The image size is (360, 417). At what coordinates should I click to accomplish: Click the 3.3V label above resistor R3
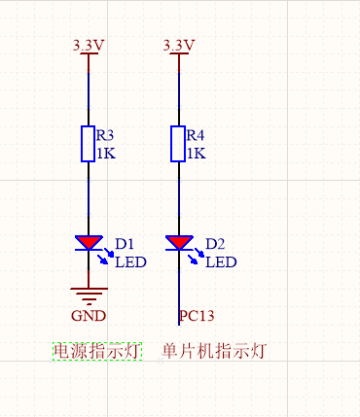pyautogui.click(x=90, y=46)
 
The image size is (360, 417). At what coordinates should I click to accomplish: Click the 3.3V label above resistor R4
pyautogui.click(x=179, y=46)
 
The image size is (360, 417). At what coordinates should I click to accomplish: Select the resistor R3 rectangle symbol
pyautogui.click(x=89, y=143)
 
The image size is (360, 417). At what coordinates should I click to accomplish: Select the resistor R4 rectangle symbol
pyautogui.click(x=178, y=143)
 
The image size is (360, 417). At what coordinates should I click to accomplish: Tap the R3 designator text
pyautogui.click(x=105, y=135)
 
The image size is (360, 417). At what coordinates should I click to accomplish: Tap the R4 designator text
pyautogui.click(x=195, y=135)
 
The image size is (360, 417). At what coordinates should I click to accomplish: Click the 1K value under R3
pyautogui.click(x=105, y=154)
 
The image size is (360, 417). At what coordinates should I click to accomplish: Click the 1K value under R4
pyautogui.click(x=195, y=154)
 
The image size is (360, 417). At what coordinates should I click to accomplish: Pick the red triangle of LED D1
pyautogui.click(x=89, y=242)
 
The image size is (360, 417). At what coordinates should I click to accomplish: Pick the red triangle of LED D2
pyautogui.click(x=178, y=242)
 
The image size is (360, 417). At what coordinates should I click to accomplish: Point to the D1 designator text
pyautogui.click(x=125, y=243)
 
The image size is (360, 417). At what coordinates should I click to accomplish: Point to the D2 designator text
pyautogui.click(x=215, y=243)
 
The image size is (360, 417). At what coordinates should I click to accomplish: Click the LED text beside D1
pyautogui.click(x=131, y=261)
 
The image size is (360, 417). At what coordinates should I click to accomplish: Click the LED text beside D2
pyautogui.click(x=221, y=261)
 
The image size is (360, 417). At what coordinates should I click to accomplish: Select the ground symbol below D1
pyautogui.click(x=89, y=295)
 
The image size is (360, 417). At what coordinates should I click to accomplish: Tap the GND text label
pyautogui.click(x=89, y=316)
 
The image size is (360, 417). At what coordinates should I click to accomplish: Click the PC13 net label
pyautogui.click(x=197, y=316)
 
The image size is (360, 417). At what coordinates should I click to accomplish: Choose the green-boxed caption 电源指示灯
pyautogui.click(x=97, y=350)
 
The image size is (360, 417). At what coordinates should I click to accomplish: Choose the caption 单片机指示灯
pyautogui.click(x=214, y=350)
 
